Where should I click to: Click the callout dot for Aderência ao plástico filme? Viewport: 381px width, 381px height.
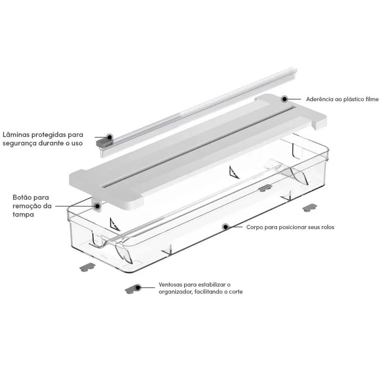pyautogui.click(x=285, y=99)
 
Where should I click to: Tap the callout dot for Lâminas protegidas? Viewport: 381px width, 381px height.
pyautogui.click(x=110, y=137)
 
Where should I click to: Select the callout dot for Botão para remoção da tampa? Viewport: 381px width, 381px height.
pyautogui.click(x=98, y=206)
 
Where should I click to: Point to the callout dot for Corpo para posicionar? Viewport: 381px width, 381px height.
pyautogui.click(x=226, y=227)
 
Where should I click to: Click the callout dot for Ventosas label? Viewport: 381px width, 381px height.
pyautogui.click(x=138, y=287)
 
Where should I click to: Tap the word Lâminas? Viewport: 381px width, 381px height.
pyautogui.click(x=16, y=134)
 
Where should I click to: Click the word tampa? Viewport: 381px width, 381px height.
pyautogui.click(x=23, y=215)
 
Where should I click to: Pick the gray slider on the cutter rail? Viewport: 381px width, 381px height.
pyautogui.click(x=104, y=142)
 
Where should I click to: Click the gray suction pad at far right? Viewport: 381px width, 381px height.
pyautogui.click(x=309, y=208)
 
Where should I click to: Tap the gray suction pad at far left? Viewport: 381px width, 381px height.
pyautogui.click(x=88, y=267)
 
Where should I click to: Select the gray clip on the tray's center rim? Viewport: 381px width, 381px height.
pyautogui.click(x=265, y=188)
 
